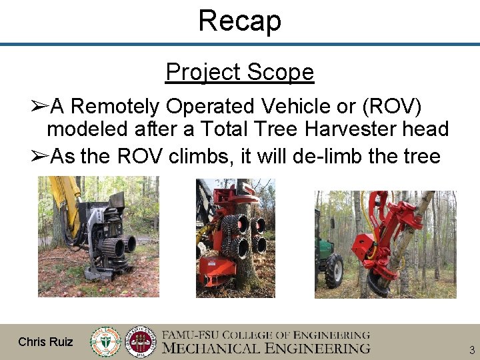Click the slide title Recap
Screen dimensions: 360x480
[239, 21]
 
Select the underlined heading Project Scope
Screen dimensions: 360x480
[239, 72]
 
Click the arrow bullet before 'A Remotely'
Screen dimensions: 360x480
[40, 106]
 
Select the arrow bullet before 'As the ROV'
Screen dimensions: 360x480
[40, 157]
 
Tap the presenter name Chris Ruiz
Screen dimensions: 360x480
[46, 342]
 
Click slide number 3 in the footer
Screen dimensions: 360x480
[471, 350]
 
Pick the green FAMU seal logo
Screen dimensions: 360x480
[106, 341]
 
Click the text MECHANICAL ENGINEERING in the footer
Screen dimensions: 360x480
[267, 348]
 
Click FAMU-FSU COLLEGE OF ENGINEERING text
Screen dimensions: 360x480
[267, 335]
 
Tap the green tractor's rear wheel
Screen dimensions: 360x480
[333, 270]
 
